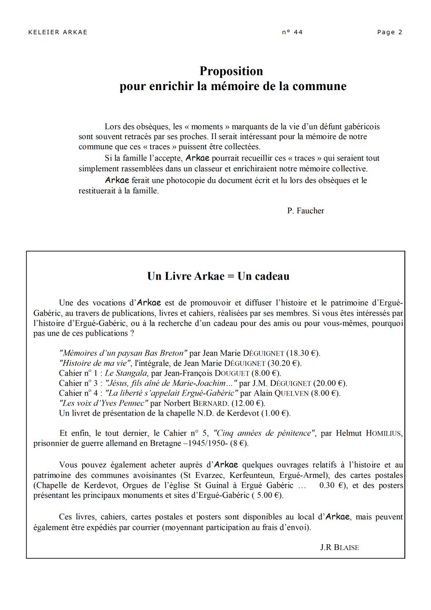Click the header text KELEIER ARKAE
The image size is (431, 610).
[x=57, y=32]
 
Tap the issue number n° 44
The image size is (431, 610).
[x=292, y=32]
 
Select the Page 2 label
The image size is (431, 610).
[x=389, y=32]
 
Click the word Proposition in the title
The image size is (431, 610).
[x=231, y=71]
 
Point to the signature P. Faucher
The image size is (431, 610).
[x=306, y=211]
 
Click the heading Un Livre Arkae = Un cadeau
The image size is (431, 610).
[x=218, y=276]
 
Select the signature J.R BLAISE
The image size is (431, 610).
[x=339, y=547]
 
